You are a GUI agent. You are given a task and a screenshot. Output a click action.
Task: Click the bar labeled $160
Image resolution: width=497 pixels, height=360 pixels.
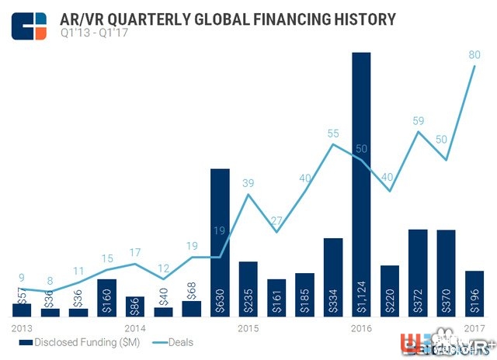[107, 297]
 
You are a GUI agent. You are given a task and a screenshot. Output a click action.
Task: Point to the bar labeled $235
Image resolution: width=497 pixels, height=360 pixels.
[248, 289]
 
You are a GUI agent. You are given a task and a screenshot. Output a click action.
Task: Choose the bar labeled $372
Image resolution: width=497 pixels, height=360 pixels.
[418, 272]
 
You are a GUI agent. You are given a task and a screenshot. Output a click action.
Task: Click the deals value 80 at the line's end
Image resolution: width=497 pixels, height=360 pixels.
[474, 56]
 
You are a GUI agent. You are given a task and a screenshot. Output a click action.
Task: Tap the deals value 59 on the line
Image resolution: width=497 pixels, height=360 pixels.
[418, 121]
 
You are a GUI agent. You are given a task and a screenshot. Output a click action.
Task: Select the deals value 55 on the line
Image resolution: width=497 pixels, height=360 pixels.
[333, 133]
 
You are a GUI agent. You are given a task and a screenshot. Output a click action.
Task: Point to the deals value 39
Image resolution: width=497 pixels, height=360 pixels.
[248, 183]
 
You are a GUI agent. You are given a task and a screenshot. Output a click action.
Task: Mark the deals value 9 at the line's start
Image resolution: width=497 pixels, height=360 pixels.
[23, 277]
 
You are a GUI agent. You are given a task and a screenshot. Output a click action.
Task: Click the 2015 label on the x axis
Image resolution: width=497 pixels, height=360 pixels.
[248, 329]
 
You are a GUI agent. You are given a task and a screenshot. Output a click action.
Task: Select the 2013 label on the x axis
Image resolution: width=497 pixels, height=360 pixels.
[23, 329]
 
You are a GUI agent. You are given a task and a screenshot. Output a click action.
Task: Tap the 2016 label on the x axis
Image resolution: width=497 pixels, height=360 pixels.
[361, 329]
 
